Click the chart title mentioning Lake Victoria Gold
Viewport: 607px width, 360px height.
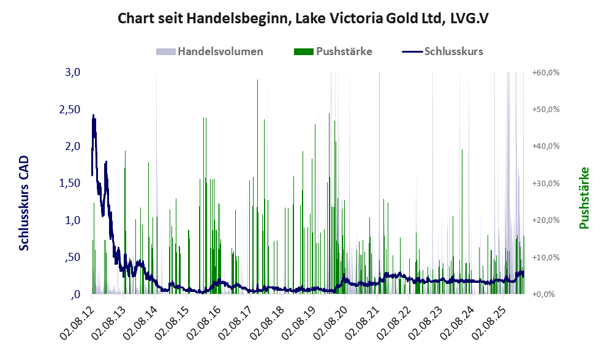pyautogui.click(x=303, y=18)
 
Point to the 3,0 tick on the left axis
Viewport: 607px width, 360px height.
pyautogui.click(x=73, y=72)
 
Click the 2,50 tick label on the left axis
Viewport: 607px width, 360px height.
pyautogui.click(x=69, y=109)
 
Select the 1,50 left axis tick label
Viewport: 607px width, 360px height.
pyautogui.click(x=69, y=183)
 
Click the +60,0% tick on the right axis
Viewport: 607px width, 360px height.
pyautogui.click(x=546, y=72)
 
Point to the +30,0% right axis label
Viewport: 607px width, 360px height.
pyautogui.click(x=546, y=183)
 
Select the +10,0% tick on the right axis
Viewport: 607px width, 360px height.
pyautogui.click(x=546, y=257)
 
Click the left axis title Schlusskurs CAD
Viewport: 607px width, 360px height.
pyautogui.click(x=25, y=203)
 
